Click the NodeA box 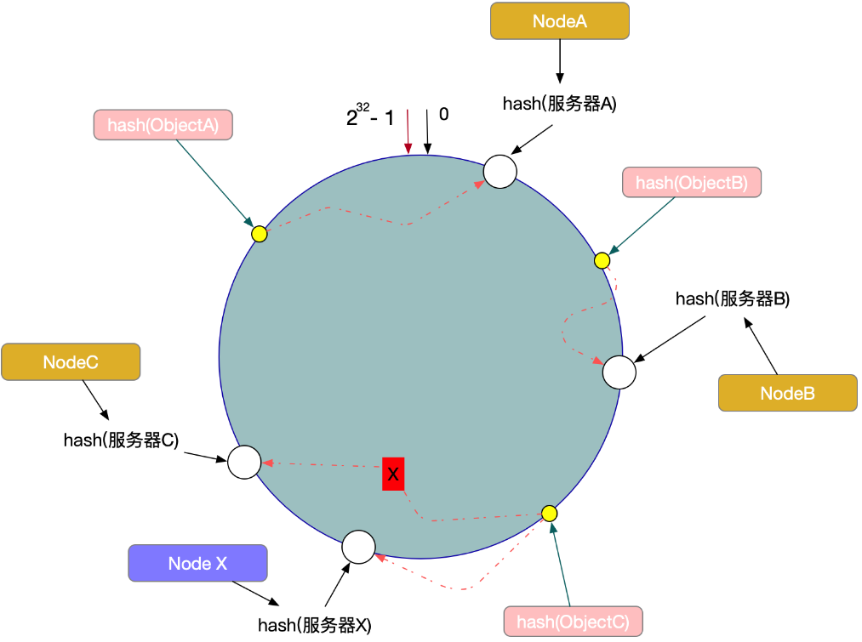click(559, 21)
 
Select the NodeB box click(787, 394)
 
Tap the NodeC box click(71, 362)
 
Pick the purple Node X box click(197, 563)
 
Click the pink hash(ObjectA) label click(163, 125)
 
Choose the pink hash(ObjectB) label click(691, 183)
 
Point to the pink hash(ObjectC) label click(573, 622)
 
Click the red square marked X click(392, 474)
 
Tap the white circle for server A click(500, 171)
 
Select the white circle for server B click(619, 372)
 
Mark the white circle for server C click(243, 462)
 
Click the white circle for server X click(358, 547)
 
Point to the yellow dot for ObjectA click(260, 234)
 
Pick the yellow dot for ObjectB click(602, 260)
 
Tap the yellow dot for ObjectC click(549, 514)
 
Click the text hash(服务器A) click(559, 105)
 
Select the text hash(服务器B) click(733, 298)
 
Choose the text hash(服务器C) click(121, 440)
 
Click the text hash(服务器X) click(315, 625)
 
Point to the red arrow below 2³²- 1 click(408, 133)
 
